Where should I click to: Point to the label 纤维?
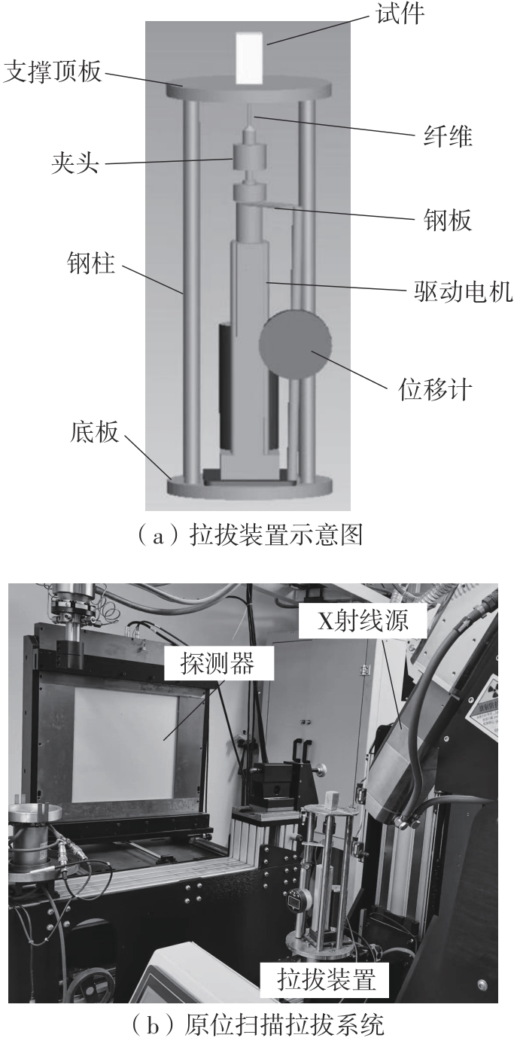[447, 136]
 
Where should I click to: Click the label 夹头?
[75, 163]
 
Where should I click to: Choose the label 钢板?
[447, 219]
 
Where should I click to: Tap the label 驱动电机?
[463, 291]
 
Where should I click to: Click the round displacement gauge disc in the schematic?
[295, 345]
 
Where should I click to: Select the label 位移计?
[435, 389]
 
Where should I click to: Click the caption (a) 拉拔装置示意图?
[250, 534]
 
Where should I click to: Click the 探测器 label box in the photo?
[218, 664]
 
